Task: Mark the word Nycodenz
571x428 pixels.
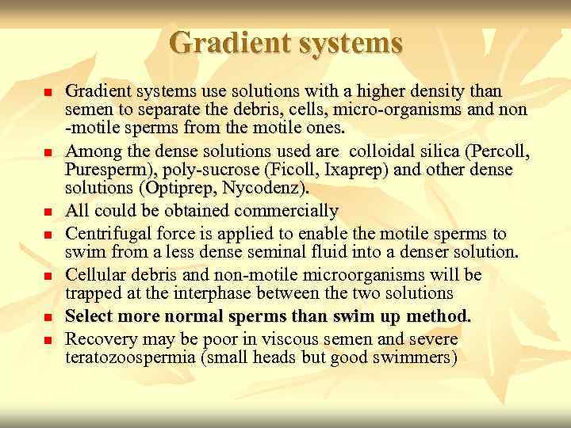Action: click(x=270, y=189)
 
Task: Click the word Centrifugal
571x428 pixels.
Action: click(x=104, y=234)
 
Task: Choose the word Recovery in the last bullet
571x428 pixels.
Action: click(x=98, y=338)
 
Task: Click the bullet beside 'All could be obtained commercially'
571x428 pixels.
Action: click(x=47, y=212)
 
